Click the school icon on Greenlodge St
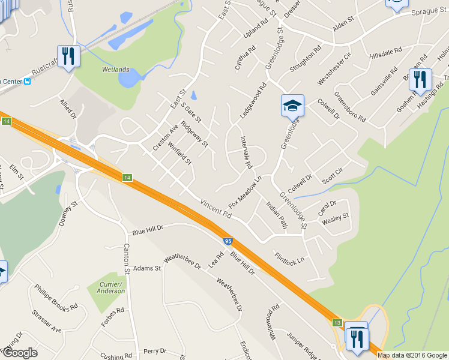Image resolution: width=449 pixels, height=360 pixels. click(292, 106)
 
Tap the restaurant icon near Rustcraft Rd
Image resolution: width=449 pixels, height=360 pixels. click(68, 57)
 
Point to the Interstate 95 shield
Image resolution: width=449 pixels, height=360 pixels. click(228, 241)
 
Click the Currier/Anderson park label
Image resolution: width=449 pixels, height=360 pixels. click(110, 287)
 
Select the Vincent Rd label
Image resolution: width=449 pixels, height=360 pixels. click(215, 209)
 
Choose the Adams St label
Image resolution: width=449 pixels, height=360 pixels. click(148, 268)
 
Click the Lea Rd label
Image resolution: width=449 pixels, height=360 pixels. click(215, 259)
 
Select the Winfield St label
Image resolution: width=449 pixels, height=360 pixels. click(179, 153)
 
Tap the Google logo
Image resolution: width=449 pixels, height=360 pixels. click(19, 352)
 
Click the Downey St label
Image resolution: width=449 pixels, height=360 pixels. click(69, 214)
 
